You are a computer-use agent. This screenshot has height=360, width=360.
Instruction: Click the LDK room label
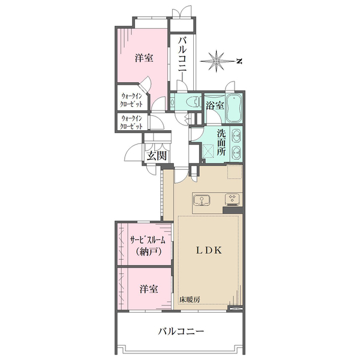click(x=209, y=250)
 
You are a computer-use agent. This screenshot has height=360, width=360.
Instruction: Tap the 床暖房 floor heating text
click(x=190, y=299)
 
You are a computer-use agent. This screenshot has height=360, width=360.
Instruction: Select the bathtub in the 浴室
click(x=234, y=109)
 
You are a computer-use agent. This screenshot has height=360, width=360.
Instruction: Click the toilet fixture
click(x=193, y=102)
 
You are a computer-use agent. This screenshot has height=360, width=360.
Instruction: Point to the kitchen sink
click(x=202, y=200)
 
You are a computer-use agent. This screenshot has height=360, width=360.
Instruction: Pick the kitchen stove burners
click(x=232, y=199)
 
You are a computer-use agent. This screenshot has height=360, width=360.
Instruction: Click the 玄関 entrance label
click(x=157, y=156)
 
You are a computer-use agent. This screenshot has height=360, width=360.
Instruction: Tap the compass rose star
click(x=217, y=61)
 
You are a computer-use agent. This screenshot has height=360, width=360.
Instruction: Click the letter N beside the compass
click(x=239, y=61)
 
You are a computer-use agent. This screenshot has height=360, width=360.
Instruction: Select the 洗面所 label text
click(x=221, y=143)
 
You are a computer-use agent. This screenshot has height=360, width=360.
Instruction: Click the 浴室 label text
click(x=215, y=106)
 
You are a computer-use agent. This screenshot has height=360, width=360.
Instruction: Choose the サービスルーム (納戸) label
click(x=148, y=246)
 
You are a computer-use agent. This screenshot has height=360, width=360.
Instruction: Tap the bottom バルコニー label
click(x=181, y=331)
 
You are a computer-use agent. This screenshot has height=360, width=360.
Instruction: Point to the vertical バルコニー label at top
click(x=183, y=59)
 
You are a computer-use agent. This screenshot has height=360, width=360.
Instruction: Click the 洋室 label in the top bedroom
click(x=144, y=58)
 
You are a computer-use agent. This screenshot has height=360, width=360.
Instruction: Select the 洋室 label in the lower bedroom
click(x=149, y=289)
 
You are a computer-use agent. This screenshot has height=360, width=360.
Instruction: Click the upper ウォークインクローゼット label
click(x=131, y=100)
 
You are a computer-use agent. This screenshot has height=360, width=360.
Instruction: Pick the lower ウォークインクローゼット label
click(x=131, y=122)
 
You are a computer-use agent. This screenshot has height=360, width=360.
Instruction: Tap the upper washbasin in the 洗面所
click(x=236, y=136)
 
